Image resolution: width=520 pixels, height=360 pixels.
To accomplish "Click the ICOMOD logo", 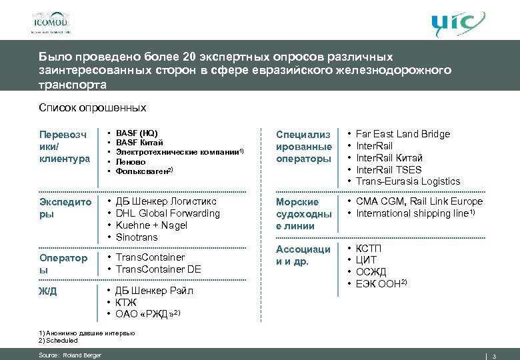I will [x=50, y=22].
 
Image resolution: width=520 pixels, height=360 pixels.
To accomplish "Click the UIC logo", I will [x=456, y=23].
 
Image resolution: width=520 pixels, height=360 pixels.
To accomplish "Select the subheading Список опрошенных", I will [x=92, y=107].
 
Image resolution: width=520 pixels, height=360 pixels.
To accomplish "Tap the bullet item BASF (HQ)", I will [x=137, y=133].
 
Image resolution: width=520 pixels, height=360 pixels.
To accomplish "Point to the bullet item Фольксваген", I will [x=143, y=171].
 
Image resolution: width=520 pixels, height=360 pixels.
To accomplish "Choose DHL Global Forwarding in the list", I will [x=167, y=213].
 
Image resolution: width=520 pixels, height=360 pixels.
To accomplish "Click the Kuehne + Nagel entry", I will [x=151, y=225].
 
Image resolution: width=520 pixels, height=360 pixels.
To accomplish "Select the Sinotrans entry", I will [x=137, y=237].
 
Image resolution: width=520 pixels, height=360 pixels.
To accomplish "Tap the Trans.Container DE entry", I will [x=158, y=269].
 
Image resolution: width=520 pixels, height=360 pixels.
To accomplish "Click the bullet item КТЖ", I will [x=127, y=302].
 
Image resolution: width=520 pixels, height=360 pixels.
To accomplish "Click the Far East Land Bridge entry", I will [x=403, y=134].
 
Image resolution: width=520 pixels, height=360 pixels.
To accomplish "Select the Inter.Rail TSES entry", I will [x=389, y=169].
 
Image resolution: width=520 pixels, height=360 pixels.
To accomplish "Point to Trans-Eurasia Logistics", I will [x=408, y=181].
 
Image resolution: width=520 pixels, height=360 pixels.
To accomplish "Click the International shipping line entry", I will [x=414, y=213].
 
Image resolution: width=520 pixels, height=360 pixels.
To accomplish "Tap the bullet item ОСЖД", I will [x=371, y=272].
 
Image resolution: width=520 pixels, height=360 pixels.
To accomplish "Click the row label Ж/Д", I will [x=48, y=290].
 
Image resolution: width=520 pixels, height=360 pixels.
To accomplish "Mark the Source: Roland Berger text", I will [x=70, y=355].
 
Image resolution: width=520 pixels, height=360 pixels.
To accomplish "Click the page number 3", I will [x=494, y=355].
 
